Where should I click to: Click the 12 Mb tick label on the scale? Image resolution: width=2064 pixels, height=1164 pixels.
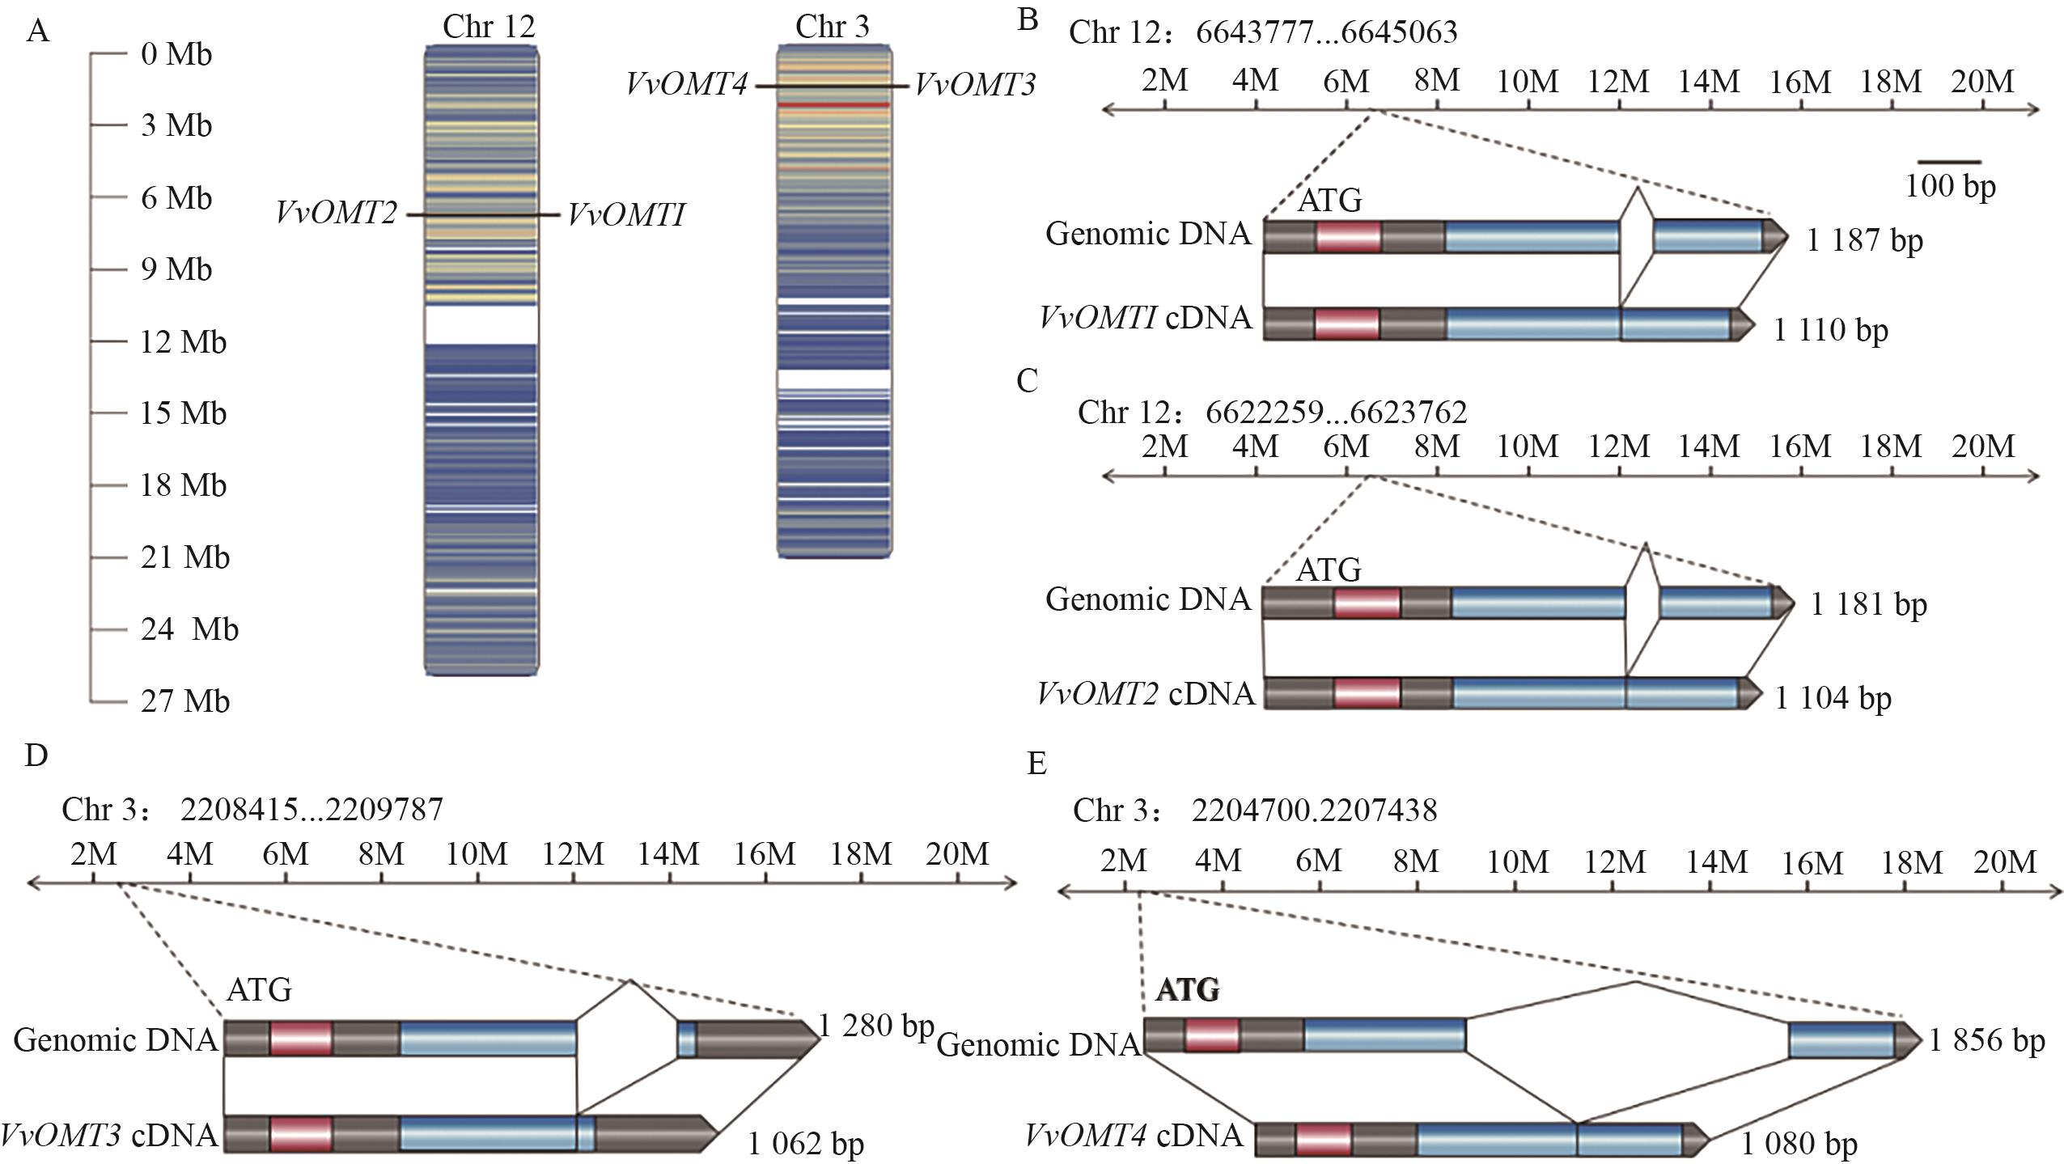pyautogui.click(x=183, y=342)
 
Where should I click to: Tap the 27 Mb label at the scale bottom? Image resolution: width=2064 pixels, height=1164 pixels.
pyautogui.click(x=184, y=701)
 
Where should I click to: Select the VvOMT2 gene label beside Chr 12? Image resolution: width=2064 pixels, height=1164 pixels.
pyautogui.click(x=336, y=214)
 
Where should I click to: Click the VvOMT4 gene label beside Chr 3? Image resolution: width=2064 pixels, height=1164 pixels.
pyautogui.click(x=686, y=84)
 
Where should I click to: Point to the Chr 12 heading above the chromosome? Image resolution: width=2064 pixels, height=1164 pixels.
pyautogui.click(x=489, y=27)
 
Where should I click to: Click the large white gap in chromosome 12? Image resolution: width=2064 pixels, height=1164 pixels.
pyautogui.click(x=481, y=324)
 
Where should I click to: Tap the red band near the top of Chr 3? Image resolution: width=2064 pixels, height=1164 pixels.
pyautogui.click(x=833, y=105)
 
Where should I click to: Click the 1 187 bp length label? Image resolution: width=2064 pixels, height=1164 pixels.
pyautogui.click(x=1864, y=240)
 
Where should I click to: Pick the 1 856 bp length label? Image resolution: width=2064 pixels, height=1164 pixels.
pyautogui.click(x=1987, y=1040)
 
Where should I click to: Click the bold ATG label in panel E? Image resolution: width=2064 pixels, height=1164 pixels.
pyautogui.click(x=1187, y=990)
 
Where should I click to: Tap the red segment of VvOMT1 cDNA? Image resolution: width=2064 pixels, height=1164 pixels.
pyautogui.click(x=1347, y=324)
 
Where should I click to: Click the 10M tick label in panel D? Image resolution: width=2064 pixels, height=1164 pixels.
pyautogui.click(x=477, y=854)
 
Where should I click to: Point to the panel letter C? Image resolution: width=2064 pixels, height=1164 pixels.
pyautogui.click(x=1027, y=380)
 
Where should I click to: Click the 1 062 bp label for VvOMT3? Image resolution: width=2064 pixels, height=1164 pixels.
pyautogui.click(x=805, y=1143)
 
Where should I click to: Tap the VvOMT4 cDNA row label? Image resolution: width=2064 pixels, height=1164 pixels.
pyautogui.click(x=1134, y=1136)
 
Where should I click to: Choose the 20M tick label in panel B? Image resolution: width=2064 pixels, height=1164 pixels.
pyautogui.click(x=1981, y=81)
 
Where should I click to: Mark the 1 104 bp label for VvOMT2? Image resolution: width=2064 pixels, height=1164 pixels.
pyautogui.click(x=1833, y=697)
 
